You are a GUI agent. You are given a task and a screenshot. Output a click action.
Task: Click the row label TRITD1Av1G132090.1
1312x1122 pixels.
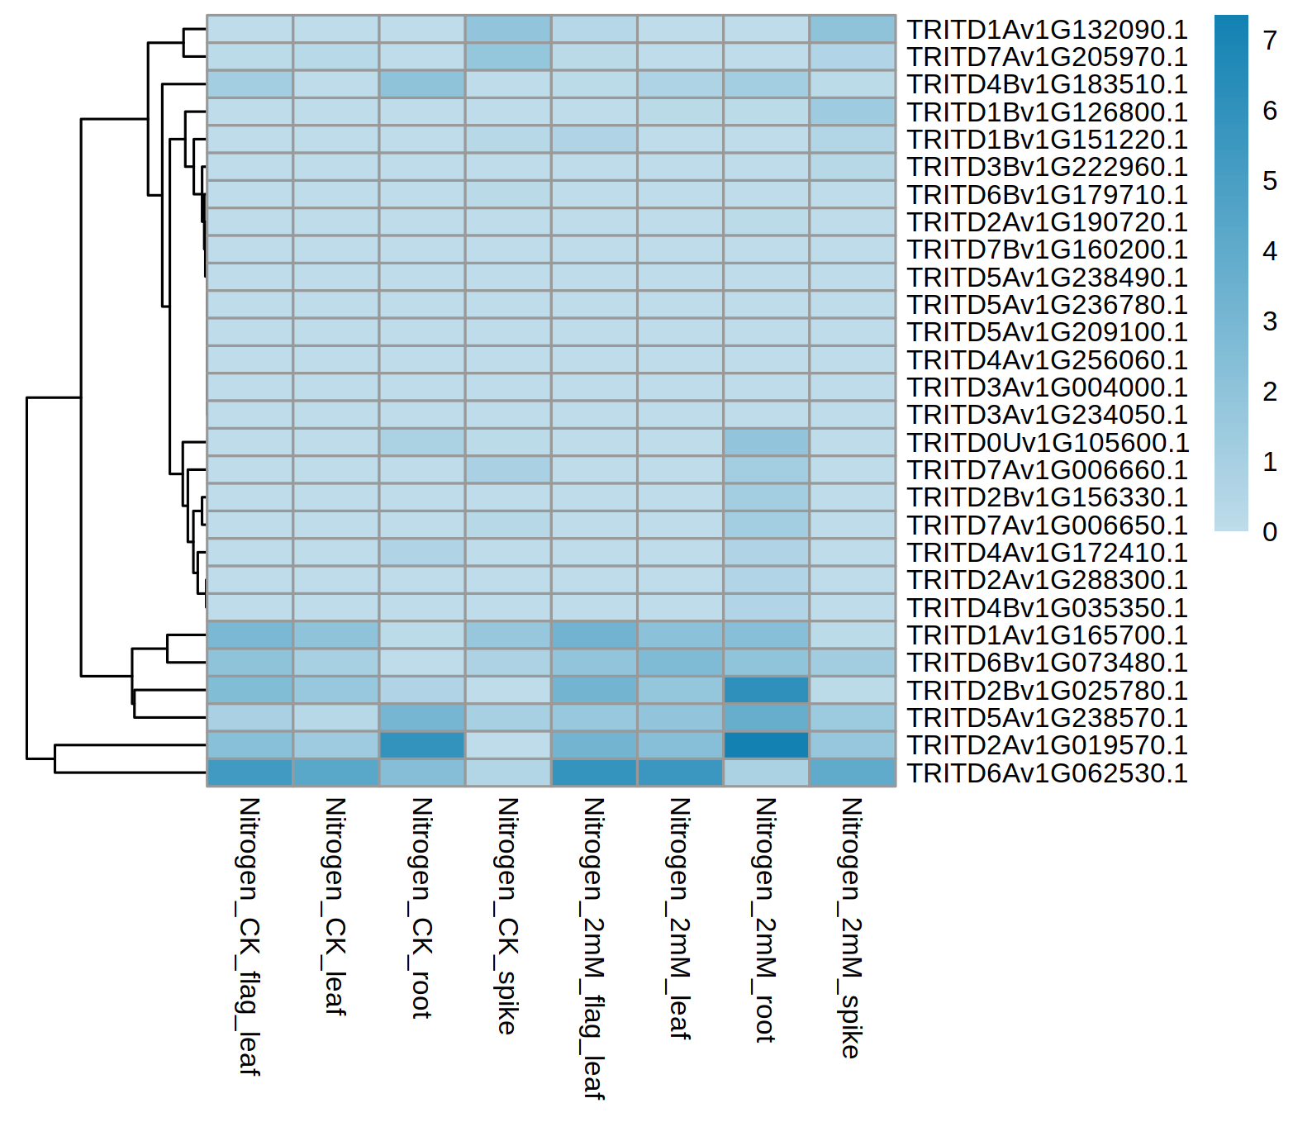[1047, 30]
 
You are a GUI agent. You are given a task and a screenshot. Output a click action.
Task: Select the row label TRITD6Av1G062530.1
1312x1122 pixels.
[1047, 773]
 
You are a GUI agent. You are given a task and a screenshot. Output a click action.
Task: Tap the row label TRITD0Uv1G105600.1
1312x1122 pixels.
[1048, 443]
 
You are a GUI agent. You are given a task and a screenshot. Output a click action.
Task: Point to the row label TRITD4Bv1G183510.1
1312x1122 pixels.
[1047, 84]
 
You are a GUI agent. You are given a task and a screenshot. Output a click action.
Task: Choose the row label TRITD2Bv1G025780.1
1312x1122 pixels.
[1047, 691]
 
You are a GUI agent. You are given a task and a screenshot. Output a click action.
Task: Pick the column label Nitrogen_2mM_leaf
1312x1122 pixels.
[679, 917]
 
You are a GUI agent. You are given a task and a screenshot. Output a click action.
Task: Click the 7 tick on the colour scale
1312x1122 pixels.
[1270, 40]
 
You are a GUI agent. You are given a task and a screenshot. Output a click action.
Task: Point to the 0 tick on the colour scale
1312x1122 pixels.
[1270, 532]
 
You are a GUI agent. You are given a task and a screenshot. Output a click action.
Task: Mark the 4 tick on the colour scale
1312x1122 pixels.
[1270, 251]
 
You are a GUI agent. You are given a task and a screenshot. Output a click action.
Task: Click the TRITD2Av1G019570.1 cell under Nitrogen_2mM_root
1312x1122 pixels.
[766, 745]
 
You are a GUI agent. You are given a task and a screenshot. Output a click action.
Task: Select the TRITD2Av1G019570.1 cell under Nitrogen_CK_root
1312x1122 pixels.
[421, 745]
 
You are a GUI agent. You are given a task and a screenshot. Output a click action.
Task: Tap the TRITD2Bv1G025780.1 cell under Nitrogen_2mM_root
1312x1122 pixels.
[766, 690]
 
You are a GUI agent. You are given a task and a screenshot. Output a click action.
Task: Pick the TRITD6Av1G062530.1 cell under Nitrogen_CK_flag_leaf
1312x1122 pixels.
[250, 773]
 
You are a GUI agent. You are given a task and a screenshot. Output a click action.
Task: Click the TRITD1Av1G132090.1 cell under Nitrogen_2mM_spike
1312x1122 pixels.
[852, 29]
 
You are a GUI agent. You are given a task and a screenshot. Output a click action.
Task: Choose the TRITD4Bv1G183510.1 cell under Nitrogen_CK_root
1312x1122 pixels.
[421, 84]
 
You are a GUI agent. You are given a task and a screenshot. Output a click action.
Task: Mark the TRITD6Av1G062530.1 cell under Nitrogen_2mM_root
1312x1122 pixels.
[766, 773]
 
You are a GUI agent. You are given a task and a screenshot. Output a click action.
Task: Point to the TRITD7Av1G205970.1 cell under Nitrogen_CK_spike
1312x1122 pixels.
[507, 56]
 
